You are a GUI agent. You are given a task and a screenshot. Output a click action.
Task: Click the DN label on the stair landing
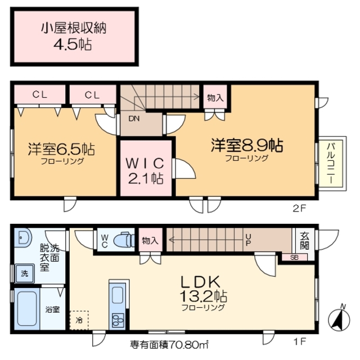[134, 119]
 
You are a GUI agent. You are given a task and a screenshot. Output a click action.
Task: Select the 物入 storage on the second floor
[215, 97]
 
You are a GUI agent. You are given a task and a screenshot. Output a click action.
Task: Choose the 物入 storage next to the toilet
[150, 241]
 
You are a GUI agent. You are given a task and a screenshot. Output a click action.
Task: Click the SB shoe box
[294, 257]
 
